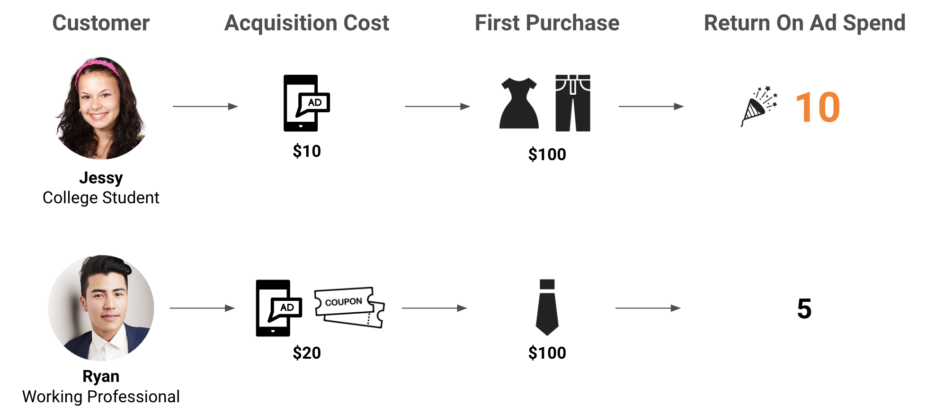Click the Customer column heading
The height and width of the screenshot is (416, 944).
click(101, 23)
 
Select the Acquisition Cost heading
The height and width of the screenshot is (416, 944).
click(307, 23)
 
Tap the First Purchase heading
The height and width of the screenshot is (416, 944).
click(547, 23)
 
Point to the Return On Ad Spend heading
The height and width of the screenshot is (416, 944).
click(805, 23)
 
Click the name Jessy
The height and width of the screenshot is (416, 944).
click(101, 178)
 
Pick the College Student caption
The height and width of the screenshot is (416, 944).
click(101, 198)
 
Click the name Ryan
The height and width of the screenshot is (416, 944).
click(101, 377)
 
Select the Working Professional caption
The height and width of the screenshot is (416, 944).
click(101, 397)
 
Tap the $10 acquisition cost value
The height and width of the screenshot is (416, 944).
click(307, 151)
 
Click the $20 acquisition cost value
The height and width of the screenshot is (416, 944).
click(307, 353)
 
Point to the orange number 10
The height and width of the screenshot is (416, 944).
click(818, 108)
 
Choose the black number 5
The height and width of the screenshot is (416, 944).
click(804, 309)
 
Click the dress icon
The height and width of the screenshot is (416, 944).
click(519, 103)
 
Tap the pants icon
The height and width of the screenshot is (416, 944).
click(573, 103)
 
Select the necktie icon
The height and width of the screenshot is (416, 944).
click(547, 307)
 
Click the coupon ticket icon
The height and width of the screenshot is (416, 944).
click(350, 307)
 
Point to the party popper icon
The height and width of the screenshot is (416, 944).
click(759, 106)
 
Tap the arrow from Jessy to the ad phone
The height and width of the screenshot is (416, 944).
click(205, 107)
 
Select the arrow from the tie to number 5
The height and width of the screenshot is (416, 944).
click(648, 308)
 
